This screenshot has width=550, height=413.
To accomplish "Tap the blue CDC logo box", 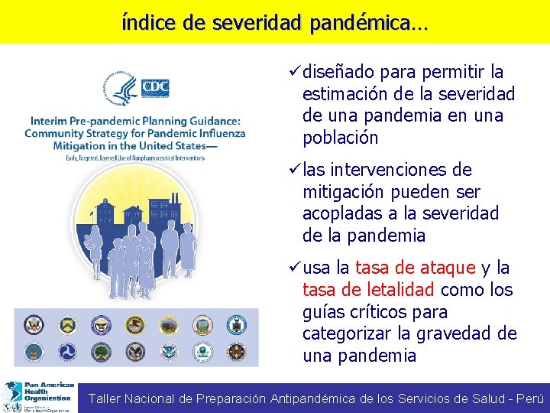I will coord(155,88).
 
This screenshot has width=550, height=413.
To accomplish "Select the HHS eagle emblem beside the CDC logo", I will coord(123,89).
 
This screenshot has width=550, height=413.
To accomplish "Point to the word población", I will coord(340,138).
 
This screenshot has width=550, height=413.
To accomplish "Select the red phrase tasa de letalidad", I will coord(369,291).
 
